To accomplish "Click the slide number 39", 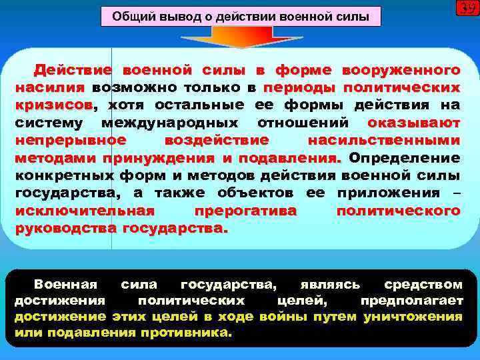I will click(467, 9).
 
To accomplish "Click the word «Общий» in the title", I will click(129, 16).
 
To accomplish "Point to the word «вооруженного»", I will click(401, 70).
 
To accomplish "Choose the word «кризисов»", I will click(54, 105).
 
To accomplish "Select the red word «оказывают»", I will click(413, 123).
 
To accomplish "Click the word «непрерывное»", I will click(70, 140).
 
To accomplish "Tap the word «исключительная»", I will click(84, 211).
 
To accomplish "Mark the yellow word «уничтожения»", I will click(413, 317).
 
